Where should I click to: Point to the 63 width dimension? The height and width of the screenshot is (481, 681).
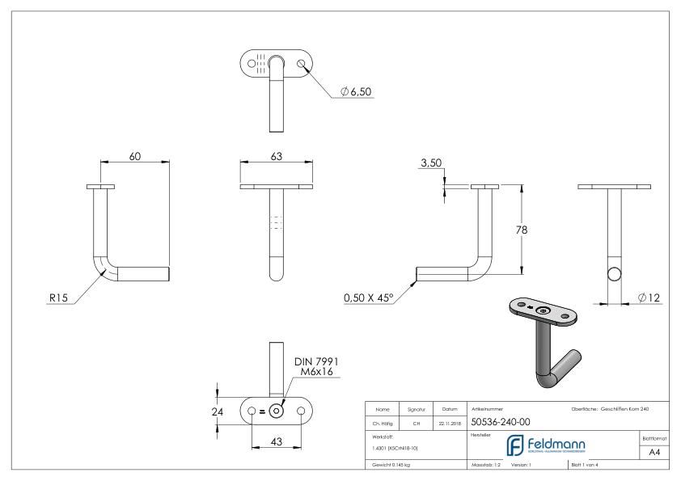click(x=277, y=157)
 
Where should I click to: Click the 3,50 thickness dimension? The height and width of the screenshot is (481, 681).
click(x=430, y=164)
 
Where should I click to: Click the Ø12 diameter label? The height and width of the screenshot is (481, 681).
click(x=649, y=298)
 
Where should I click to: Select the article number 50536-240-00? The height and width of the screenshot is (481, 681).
click(x=500, y=421)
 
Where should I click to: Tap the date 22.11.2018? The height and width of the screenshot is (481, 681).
click(x=447, y=421)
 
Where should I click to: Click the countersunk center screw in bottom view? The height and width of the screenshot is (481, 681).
click(x=276, y=411)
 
